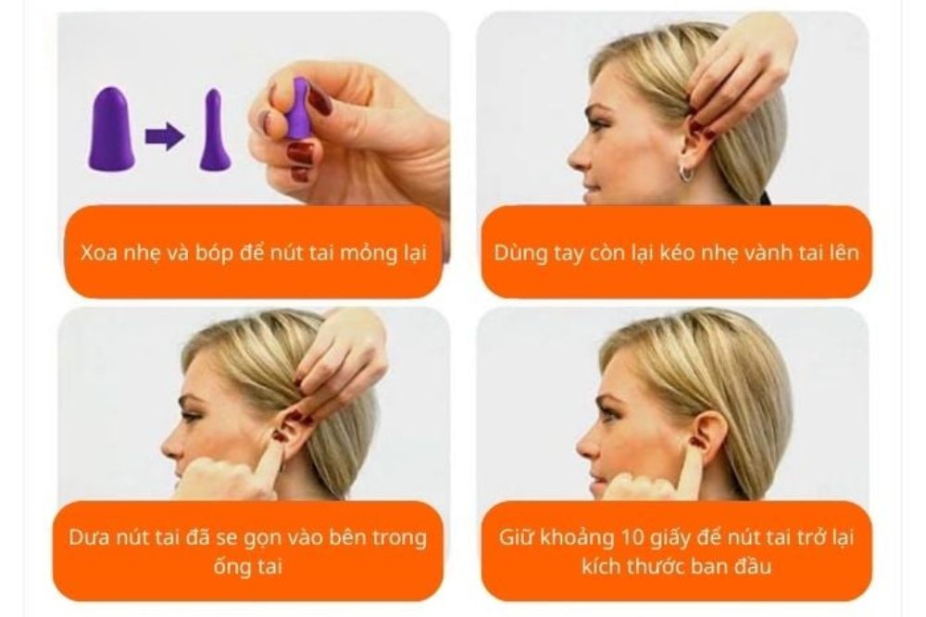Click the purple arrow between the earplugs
pos(164,137)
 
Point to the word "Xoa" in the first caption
pos(100,251)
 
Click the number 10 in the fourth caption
pos(642,537)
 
